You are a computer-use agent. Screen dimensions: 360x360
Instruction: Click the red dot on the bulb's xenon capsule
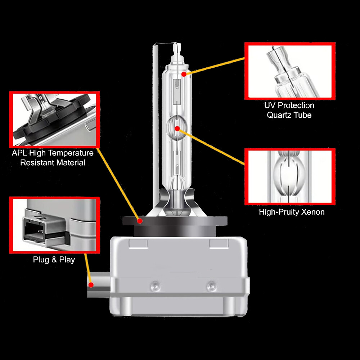(177, 129)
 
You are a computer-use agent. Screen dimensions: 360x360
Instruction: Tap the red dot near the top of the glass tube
(184, 74)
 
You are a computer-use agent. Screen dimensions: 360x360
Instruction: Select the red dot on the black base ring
(140, 221)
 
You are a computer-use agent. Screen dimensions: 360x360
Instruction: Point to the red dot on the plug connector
(91, 285)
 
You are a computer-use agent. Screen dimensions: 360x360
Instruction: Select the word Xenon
(313, 212)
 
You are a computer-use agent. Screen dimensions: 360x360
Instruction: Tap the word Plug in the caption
(41, 260)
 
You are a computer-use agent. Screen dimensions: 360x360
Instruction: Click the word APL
(19, 153)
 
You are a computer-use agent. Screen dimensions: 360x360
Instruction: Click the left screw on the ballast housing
(155, 286)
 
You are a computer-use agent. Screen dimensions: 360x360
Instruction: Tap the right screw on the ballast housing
(211, 286)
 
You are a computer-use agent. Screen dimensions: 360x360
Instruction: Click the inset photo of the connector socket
(54, 225)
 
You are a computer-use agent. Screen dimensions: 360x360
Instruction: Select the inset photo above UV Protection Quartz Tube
(290, 71)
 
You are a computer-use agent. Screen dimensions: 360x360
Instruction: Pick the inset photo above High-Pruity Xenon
(290, 176)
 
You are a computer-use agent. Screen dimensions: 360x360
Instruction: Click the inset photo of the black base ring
(54, 120)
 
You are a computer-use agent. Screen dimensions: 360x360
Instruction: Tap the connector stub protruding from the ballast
(99, 285)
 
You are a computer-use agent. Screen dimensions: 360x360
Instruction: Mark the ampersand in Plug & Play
(54, 260)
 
